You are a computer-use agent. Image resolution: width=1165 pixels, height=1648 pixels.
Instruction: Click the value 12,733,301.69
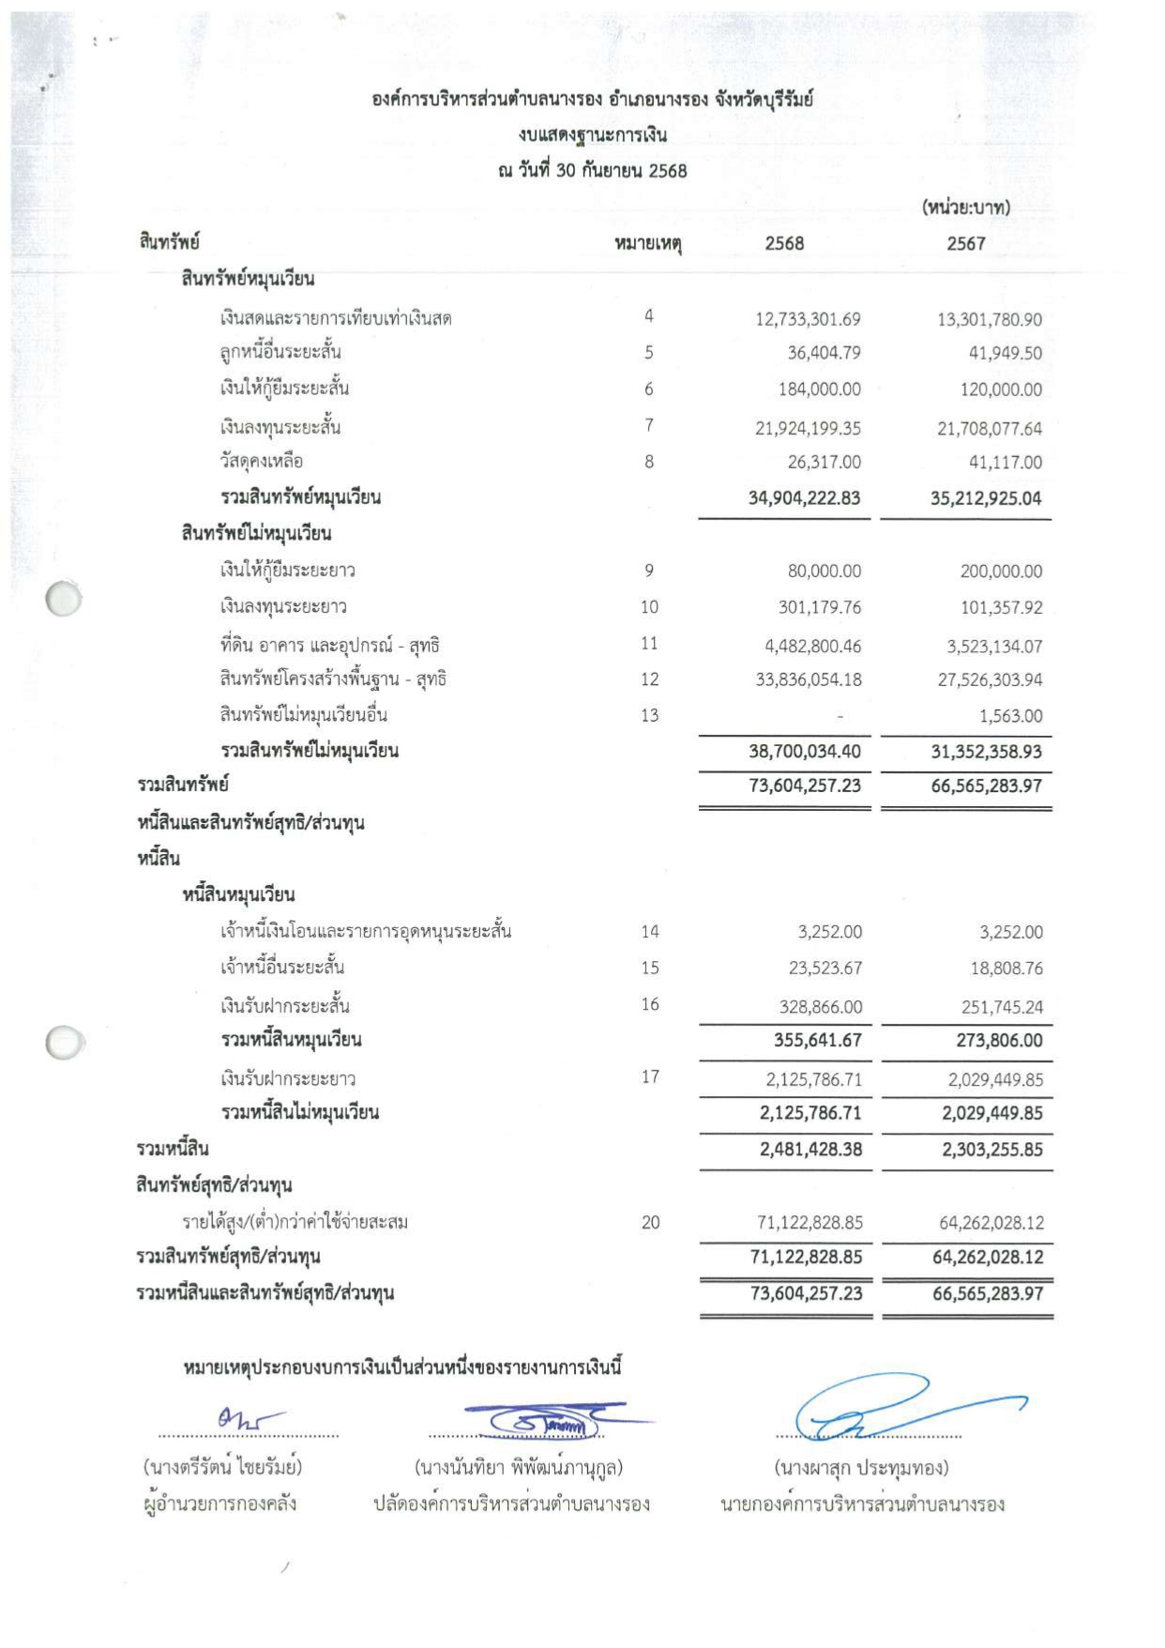(x=808, y=319)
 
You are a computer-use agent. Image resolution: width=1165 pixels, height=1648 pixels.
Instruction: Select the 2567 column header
(x=965, y=244)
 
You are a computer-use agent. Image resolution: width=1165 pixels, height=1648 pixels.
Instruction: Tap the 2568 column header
(x=784, y=244)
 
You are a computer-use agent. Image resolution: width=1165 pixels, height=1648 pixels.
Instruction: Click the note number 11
(x=649, y=644)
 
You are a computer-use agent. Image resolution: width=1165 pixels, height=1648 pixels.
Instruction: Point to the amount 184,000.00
(x=819, y=389)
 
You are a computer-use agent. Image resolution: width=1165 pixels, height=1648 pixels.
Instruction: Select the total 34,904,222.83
(x=804, y=498)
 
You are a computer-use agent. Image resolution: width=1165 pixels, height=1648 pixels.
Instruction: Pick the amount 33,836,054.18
(x=808, y=680)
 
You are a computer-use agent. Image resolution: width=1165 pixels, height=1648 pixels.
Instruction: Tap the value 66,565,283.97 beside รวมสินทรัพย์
(x=986, y=786)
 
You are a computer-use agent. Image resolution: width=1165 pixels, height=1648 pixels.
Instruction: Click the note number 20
(x=650, y=1223)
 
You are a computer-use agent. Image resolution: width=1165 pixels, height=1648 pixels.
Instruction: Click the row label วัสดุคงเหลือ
(x=262, y=462)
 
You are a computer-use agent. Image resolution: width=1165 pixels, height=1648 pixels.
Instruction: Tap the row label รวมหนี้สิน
(x=173, y=1149)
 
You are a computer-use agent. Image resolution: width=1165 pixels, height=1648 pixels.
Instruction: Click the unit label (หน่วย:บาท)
(x=965, y=207)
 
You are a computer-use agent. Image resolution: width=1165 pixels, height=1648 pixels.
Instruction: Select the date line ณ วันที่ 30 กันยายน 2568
(x=592, y=171)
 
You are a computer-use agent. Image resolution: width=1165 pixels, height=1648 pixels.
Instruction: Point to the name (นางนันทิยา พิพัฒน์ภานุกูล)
(x=519, y=1468)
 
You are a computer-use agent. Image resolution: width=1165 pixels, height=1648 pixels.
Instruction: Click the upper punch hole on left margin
(x=63, y=599)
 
